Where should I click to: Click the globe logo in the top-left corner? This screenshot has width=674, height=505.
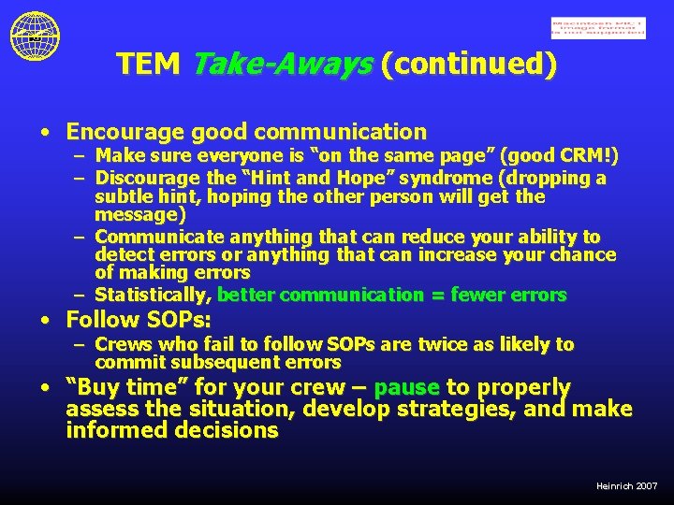point(35,36)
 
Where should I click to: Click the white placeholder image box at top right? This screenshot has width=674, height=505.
point(598,28)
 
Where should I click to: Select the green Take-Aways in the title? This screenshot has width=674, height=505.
point(280,64)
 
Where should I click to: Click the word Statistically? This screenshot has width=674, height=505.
point(154,296)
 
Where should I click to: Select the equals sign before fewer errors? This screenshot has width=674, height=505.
point(437,296)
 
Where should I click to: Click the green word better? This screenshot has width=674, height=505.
point(246,296)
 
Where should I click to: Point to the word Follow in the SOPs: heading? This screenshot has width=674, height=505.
point(99,320)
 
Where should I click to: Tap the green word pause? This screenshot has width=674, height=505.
point(406,387)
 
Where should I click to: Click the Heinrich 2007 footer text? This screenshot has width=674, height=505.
point(626,486)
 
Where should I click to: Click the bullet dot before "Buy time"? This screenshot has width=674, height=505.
point(45,387)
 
